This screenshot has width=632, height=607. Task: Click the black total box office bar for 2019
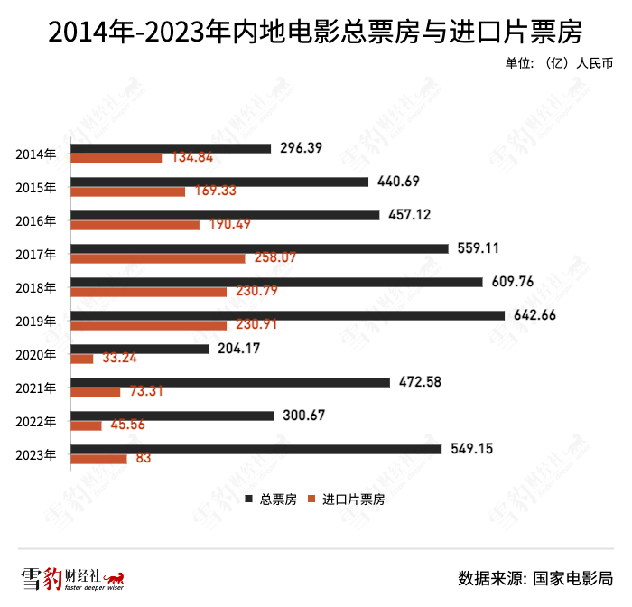click(287, 315)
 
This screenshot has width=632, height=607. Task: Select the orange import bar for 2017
click(157, 258)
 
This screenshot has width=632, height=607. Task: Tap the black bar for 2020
click(139, 349)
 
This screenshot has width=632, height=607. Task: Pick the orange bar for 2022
click(87, 425)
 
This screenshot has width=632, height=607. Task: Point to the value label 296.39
click(302, 147)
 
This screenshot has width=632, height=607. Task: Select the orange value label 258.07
click(274, 258)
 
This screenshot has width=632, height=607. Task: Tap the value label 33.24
click(120, 358)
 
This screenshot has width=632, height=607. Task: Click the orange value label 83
click(144, 459)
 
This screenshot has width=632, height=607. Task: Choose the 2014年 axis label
click(37, 154)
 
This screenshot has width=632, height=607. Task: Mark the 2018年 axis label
click(37, 287)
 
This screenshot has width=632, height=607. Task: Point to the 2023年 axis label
click(37, 454)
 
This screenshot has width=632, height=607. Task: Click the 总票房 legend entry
click(271, 499)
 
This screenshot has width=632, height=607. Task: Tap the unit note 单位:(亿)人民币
click(560, 64)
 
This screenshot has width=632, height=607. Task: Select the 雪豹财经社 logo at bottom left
click(72, 578)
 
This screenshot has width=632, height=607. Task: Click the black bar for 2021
click(230, 382)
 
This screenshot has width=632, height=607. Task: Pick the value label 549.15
click(472, 448)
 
